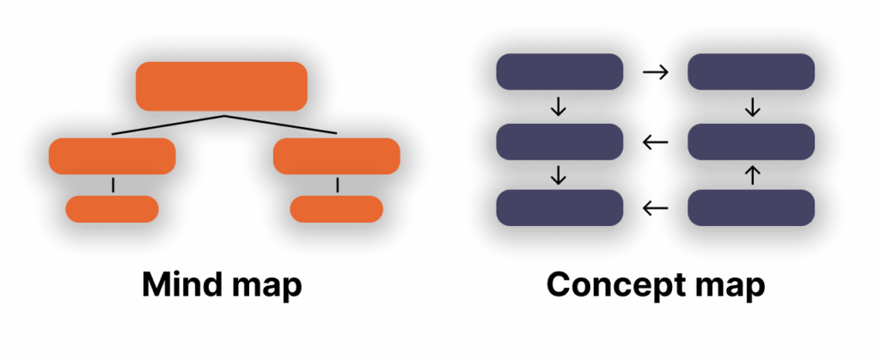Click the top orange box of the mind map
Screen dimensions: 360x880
click(222, 86)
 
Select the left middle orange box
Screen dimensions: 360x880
click(112, 156)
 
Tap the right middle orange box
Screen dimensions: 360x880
click(336, 156)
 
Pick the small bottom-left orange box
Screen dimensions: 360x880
click(112, 209)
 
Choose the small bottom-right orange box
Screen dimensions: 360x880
click(336, 209)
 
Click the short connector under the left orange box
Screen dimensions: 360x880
click(112, 185)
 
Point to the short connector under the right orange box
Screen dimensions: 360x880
click(337, 185)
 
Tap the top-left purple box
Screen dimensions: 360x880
click(559, 71)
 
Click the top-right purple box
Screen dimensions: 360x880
click(751, 71)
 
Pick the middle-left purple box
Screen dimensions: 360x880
click(559, 142)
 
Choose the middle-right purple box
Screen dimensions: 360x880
click(751, 142)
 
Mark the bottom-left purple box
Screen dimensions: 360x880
click(559, 208)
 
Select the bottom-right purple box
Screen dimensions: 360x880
click(751, 208)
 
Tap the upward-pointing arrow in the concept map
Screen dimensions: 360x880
click(752, 175)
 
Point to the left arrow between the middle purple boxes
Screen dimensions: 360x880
click(655, 142)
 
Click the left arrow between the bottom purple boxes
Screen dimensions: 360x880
click(655, 207)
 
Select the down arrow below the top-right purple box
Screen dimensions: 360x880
click(752, 107)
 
